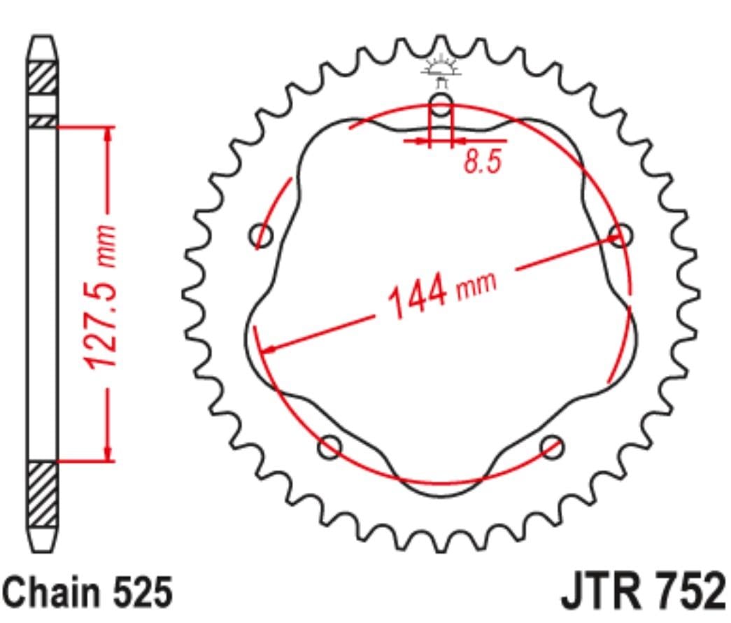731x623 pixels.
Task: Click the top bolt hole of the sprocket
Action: (x=441, y=104)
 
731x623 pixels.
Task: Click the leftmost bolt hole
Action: (x=261, y=236)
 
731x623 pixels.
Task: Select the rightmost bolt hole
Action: (x=620, y=234)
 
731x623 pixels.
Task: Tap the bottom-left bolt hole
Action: (x=329, y=447)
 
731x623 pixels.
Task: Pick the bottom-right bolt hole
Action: (x=552, y=447)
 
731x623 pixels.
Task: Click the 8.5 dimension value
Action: (x=483, y=162)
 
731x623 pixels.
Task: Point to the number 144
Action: (x=417, y=296)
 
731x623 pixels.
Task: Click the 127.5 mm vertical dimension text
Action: (x=100, y=297)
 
